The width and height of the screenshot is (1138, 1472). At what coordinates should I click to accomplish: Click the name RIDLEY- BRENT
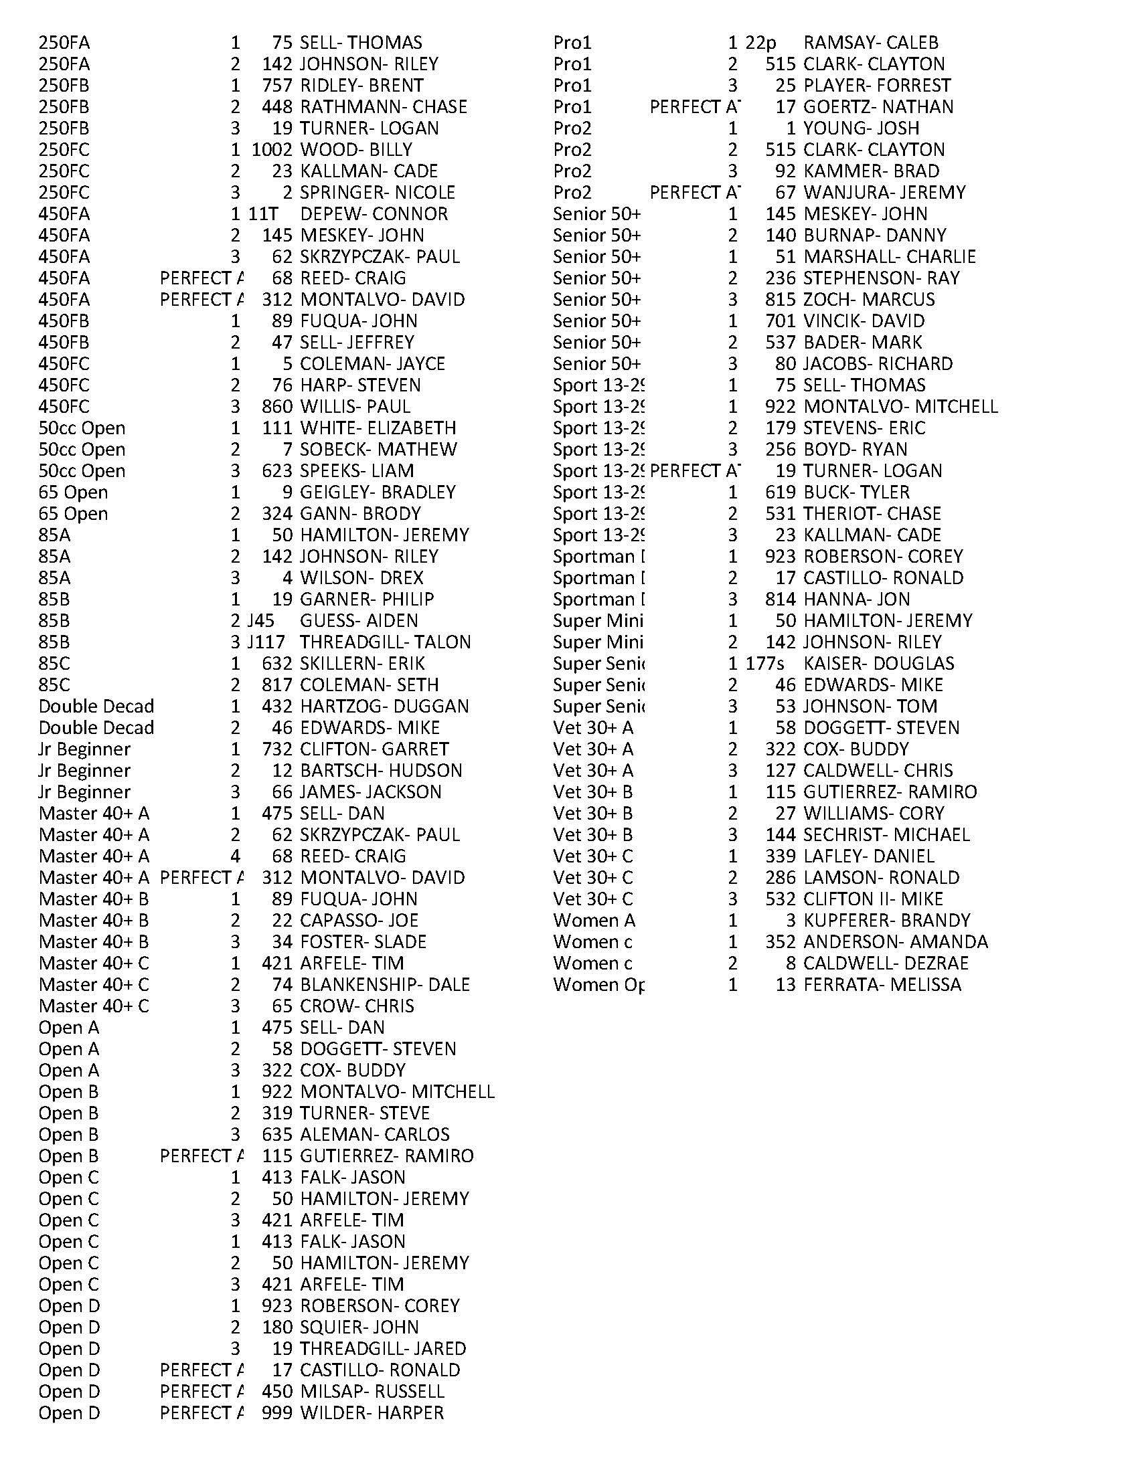tap(361, 86)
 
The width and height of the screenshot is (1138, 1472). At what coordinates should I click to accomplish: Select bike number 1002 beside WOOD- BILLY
tap(272, 150)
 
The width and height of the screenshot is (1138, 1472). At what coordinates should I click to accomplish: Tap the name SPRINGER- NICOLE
tap(377, 193)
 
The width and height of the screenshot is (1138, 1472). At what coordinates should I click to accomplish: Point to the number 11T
tap(263, 214)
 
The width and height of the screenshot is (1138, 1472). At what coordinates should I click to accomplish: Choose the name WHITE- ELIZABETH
tap(378, 428)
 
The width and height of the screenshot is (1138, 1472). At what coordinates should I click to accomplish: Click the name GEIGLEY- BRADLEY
tap(378, 492)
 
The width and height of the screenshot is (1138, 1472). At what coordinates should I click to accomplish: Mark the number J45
tap(261, 621)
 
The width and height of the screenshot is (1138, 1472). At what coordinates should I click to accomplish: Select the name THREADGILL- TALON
tap(385, 642)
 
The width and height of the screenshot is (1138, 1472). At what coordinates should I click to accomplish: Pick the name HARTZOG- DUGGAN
tap(384, 707)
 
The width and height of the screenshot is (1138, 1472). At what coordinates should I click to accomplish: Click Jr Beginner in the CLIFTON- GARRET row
tap(84, 749)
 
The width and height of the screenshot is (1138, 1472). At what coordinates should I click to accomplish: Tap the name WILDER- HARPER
tap(372, 1413)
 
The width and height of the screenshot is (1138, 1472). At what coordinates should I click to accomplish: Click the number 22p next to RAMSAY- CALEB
tap(760, 43)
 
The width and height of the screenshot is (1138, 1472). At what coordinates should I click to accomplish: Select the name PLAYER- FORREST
tap(876, 86)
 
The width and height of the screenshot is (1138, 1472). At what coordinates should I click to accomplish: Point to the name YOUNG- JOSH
tap(861, 128)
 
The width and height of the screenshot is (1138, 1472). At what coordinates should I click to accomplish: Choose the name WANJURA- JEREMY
tap(884, 193)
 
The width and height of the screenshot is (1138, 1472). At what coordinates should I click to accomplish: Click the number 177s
tap(764, 664)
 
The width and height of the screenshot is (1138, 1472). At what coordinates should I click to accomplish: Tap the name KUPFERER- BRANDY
tap(886, 921)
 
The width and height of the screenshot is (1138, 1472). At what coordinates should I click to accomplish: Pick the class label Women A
tap(593, 921)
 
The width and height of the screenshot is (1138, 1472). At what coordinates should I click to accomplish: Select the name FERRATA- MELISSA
tap(882, 985)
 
